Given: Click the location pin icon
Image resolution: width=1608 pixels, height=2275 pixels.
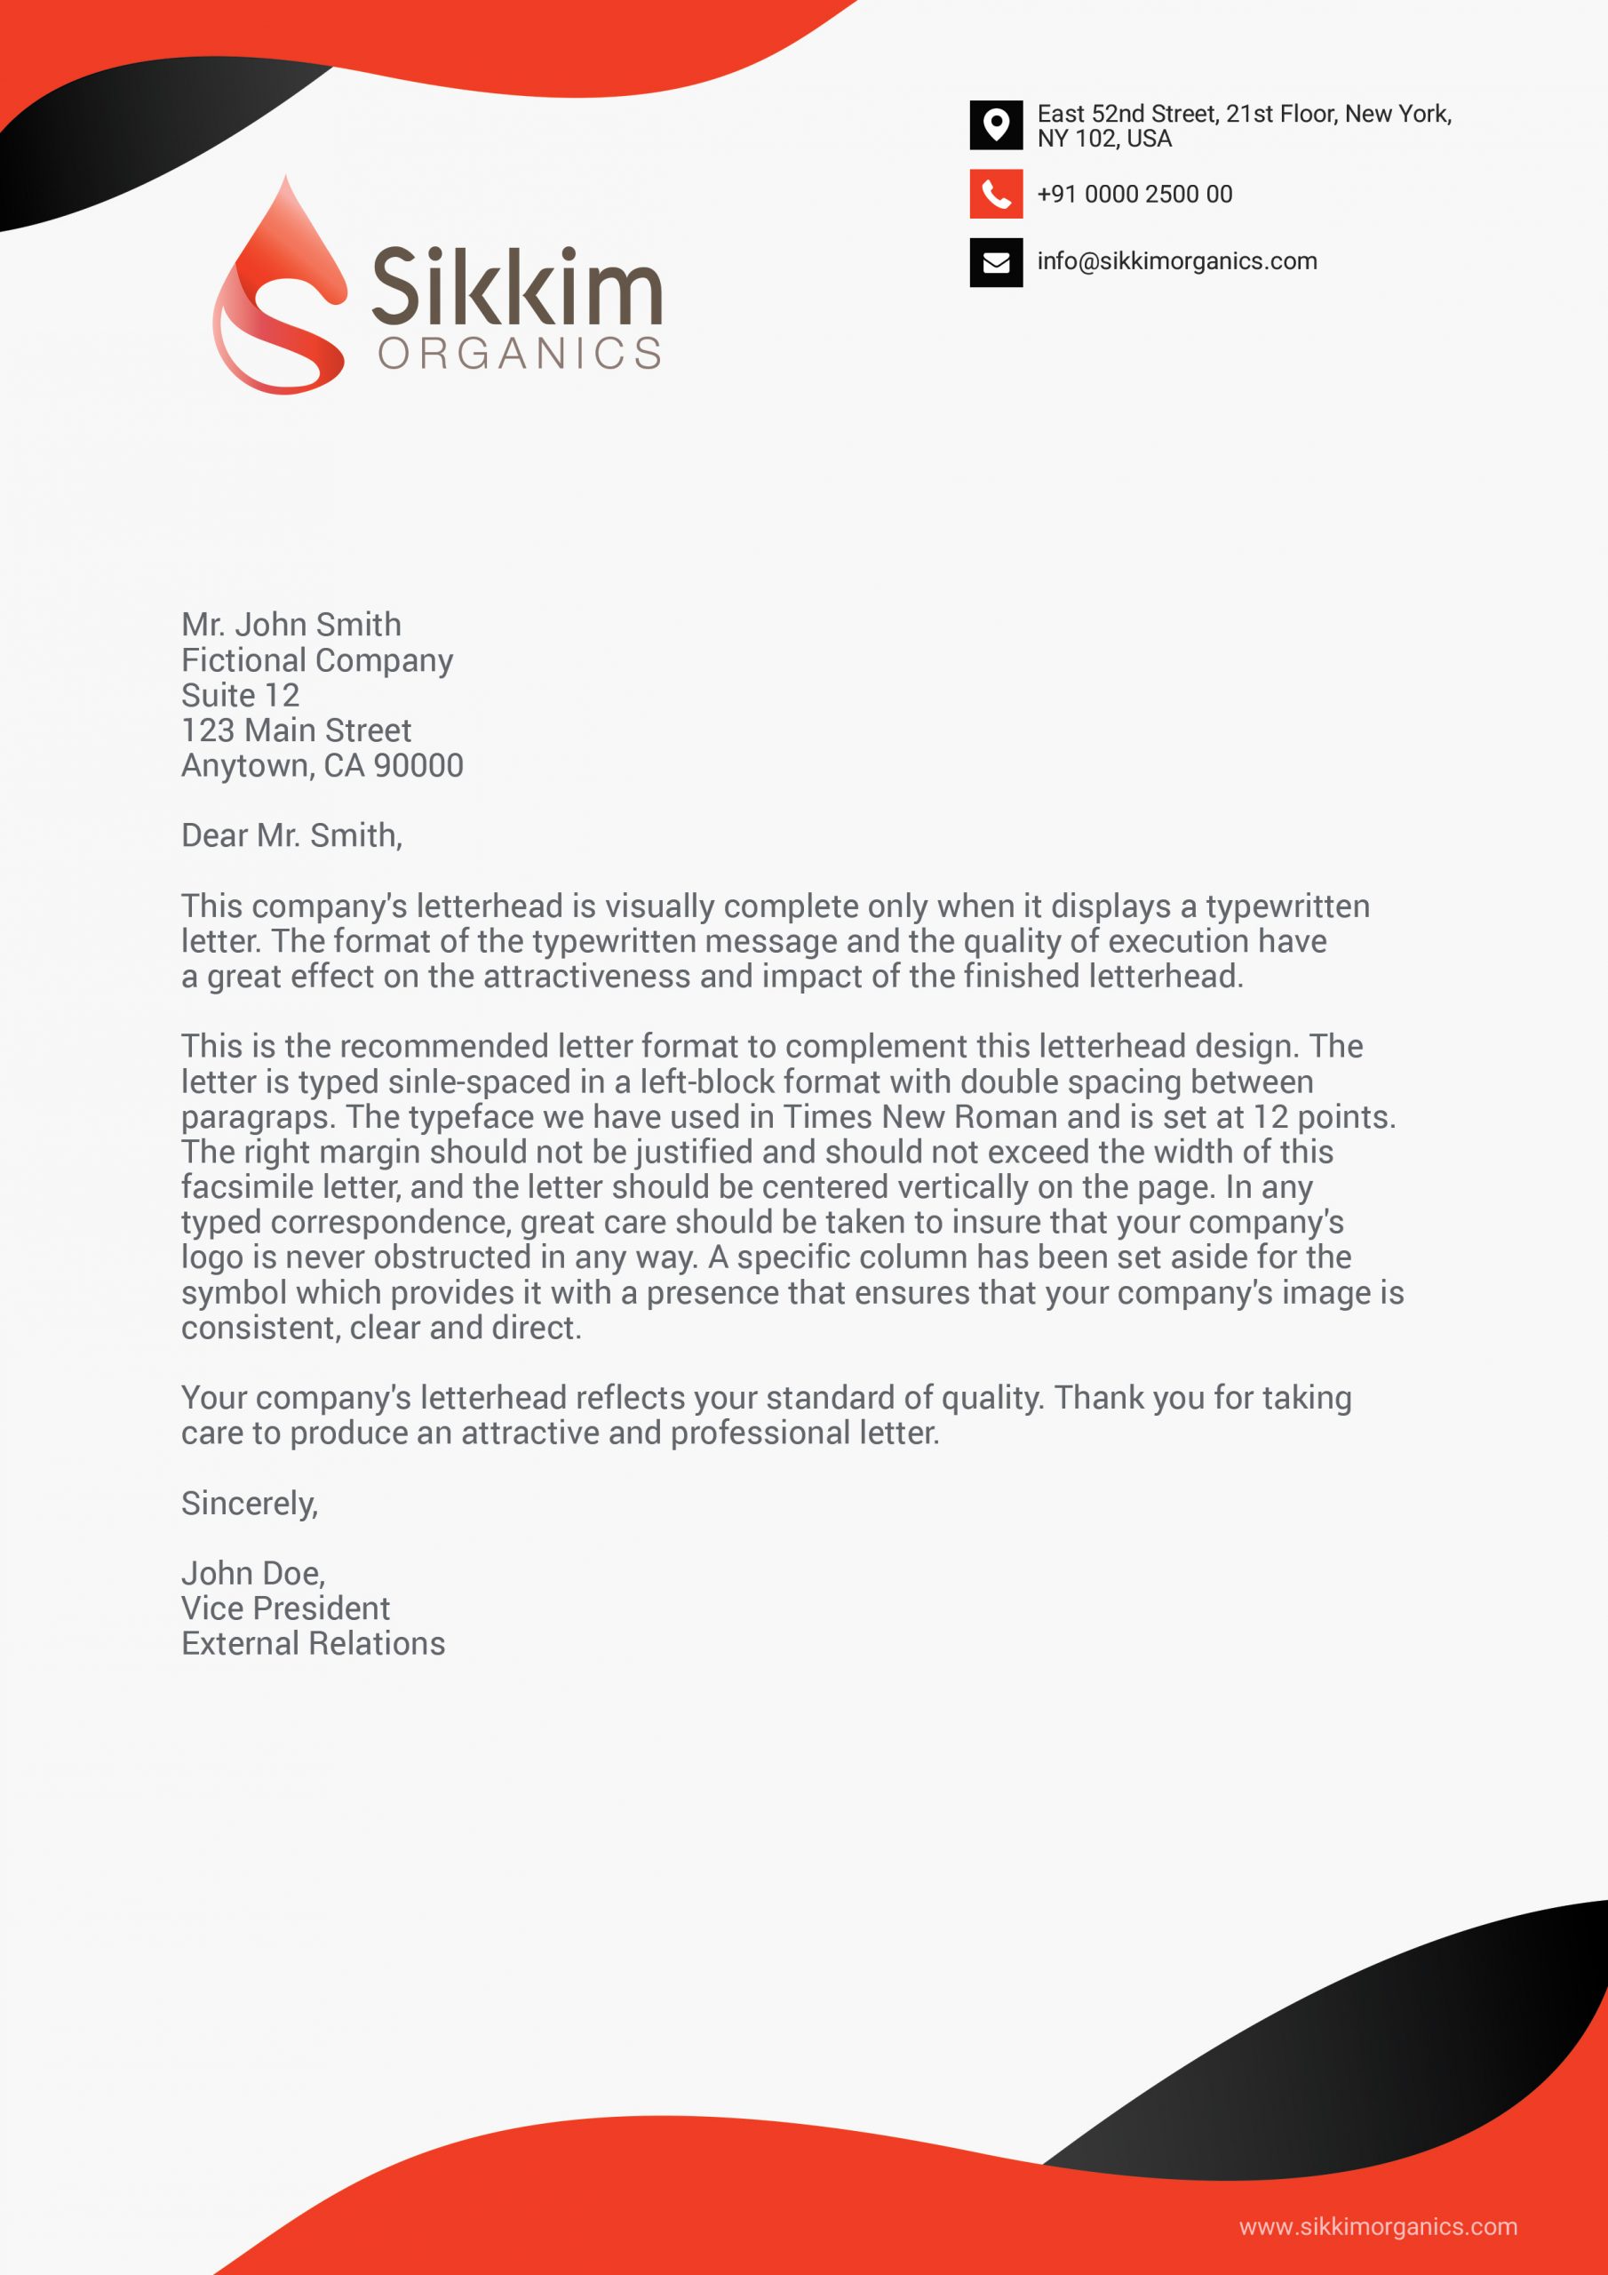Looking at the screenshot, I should tap(996, 124).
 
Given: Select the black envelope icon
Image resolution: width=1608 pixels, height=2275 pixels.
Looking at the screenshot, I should tap(996, 261).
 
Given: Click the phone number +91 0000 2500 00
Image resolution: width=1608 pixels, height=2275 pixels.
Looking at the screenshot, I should tap(1134, 195).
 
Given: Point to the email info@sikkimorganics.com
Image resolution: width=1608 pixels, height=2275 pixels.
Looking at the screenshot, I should tap(1177, 261).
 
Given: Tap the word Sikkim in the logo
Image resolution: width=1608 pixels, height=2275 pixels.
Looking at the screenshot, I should tap(516, 286).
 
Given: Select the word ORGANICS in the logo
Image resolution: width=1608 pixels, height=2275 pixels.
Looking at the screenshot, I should tap(519, 354).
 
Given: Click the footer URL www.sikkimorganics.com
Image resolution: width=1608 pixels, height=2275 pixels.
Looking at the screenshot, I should tap(1377, 2227).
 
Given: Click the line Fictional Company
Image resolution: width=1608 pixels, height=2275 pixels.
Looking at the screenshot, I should tap(317, 660).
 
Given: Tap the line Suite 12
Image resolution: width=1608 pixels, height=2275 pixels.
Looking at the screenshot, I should tap(240, 695).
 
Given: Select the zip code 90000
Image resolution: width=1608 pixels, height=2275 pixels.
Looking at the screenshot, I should tap(418, 765).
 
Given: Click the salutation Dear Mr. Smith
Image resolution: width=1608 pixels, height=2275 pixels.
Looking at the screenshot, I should tap(291, 835).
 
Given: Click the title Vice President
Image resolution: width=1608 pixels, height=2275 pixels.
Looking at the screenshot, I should tap(285, 1608).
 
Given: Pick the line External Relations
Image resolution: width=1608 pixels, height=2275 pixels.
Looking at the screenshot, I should tap(313, 1643).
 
